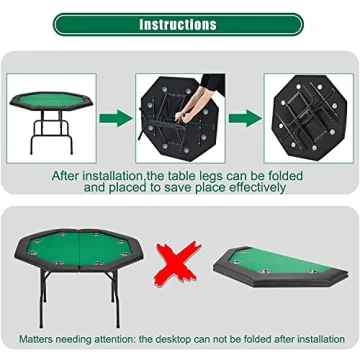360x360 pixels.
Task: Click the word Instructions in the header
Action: [x=177, y=23]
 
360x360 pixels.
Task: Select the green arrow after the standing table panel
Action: [x=115, y=117]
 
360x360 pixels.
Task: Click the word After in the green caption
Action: [x=70, y=173]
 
